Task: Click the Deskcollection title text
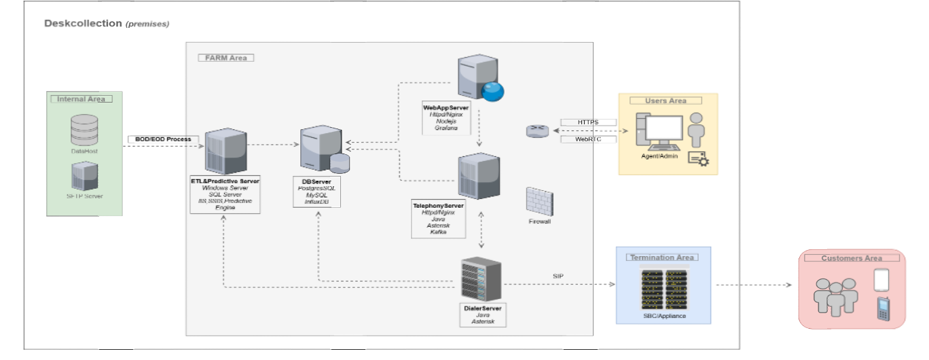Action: (83, 23)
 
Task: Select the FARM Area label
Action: (226, 58)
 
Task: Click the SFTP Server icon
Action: (84, 176)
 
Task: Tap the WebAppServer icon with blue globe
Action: (479, 78)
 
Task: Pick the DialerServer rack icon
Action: (481, 279)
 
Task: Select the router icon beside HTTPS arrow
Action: (536, 131)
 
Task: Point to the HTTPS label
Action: (588, 122)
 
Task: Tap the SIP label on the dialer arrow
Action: (559, 276)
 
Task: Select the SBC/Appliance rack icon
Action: (664, 288)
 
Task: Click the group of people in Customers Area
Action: (836, 295)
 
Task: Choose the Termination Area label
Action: (661, 257)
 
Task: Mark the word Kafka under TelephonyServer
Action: (438, 232)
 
